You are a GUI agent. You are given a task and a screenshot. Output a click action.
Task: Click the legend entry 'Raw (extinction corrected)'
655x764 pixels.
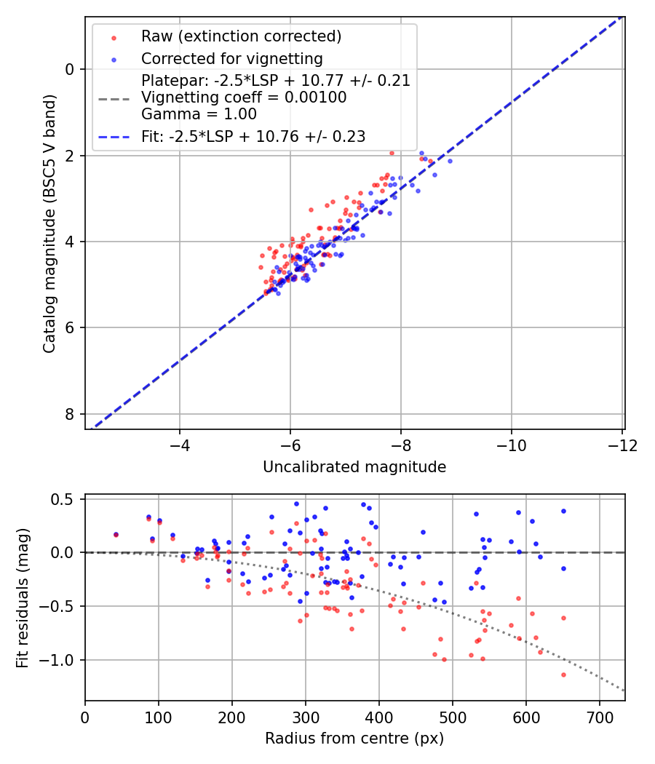(x=241, y=36)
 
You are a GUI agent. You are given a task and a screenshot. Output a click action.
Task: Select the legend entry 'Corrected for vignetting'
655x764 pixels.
(x=231, y=58)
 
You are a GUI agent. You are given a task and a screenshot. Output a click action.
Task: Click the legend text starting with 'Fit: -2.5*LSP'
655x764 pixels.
(x=253, y=136)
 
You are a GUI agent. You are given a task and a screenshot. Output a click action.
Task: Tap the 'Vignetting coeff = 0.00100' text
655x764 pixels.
(x=244, y=97)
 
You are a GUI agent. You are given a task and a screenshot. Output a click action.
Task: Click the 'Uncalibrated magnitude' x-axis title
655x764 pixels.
(x=354, y=467)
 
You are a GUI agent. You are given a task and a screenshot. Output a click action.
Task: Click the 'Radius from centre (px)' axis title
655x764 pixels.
(x=354, y=739)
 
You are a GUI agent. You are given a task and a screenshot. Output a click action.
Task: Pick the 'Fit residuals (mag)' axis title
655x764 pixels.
(x=23, y=597)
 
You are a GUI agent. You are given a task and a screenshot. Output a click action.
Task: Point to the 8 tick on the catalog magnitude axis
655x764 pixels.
(x=68, y=414)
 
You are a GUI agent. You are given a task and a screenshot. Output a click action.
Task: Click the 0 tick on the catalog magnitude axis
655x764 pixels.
(x=68, y=69)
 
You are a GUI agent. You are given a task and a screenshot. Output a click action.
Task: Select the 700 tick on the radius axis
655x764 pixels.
(x=599, y=716)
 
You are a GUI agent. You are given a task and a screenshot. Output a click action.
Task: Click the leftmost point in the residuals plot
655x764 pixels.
(x=116, y=535)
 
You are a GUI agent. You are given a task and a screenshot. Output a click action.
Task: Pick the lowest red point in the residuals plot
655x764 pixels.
(x=563, y=675)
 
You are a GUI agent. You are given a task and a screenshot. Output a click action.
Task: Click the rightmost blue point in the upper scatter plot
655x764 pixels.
(x=450, y=161)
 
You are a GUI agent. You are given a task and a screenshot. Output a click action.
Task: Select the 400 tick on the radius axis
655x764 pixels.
(x=378, y=716)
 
